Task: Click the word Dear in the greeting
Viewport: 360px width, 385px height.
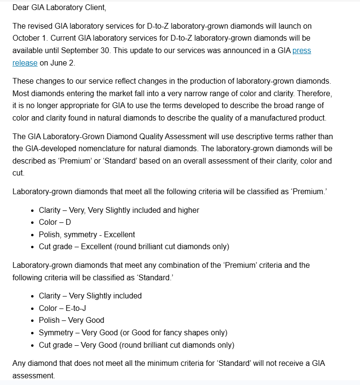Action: (21, 8)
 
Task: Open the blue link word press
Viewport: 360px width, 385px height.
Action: (302, 50)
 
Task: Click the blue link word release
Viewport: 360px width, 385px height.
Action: (25, 63)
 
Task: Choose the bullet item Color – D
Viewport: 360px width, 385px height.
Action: (55, 222)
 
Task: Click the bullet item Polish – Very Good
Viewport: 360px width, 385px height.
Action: (72, 320)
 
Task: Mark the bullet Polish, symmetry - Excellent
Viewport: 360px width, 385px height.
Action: (87, 234)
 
